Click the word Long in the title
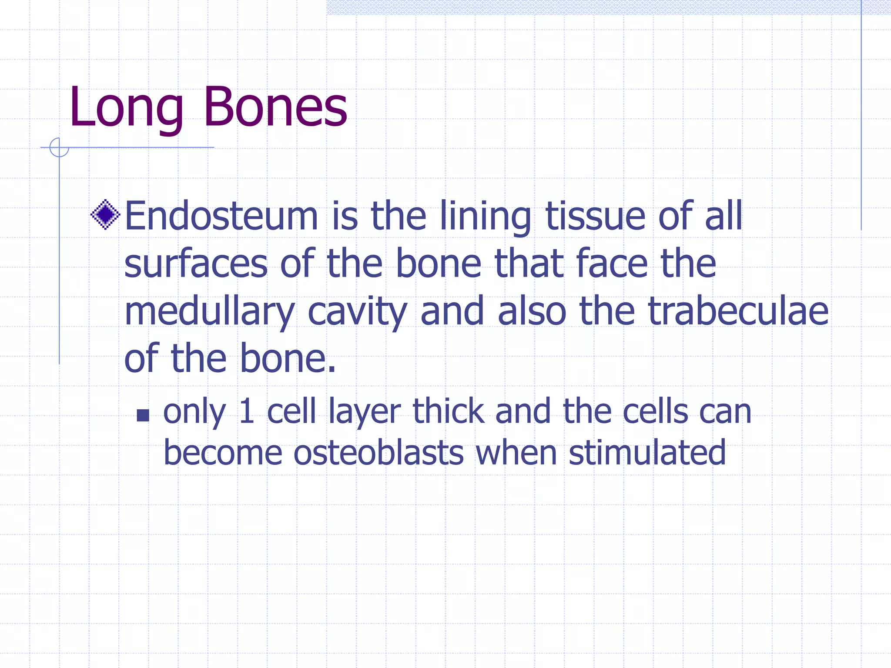(126, 107)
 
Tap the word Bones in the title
(275, 107)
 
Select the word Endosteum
(221, 216)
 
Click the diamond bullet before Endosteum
(105, 214)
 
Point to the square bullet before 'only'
(143, 415)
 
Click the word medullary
(209, 312)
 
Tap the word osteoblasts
(379, 453)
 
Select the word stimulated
(647, 453)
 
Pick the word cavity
(357, 312)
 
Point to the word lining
(485, 217)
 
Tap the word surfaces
(196, 264)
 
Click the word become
(223, 453)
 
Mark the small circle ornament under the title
(59, 147)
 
